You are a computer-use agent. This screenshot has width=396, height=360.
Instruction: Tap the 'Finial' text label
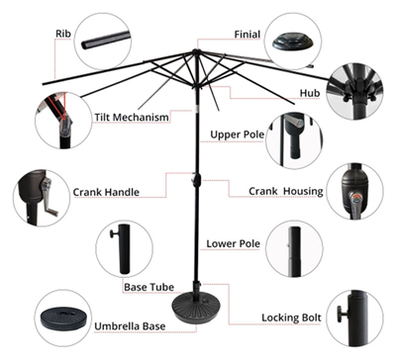coord(247,34)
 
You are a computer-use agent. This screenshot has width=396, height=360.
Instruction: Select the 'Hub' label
coord(310,92)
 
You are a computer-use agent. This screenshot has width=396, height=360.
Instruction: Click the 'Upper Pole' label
coord(237,134)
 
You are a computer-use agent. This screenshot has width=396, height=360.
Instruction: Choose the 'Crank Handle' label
coord(106,192)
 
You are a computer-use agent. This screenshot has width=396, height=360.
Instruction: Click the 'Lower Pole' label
coord(233,242)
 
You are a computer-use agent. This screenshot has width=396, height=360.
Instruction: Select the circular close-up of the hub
coord(356,92)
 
